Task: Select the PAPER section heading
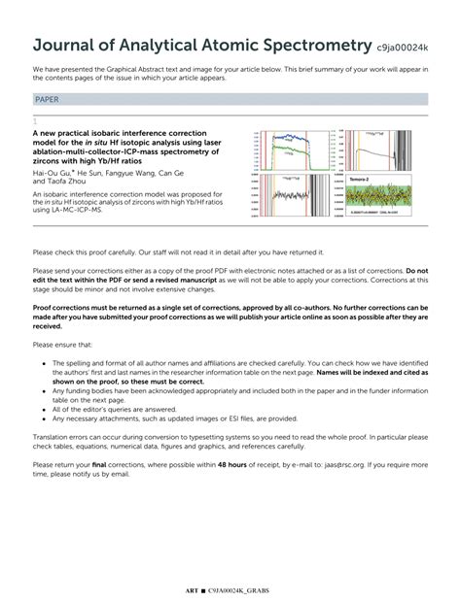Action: click(47, 99)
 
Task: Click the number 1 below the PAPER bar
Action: click(35, 119)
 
